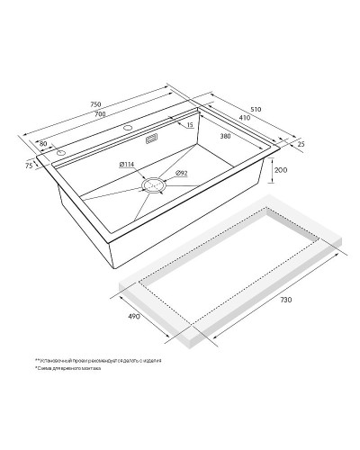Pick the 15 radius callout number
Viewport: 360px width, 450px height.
(x=191, y=125)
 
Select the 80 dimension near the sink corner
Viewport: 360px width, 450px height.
(x=42, y=143)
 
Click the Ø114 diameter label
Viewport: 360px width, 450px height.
(x=127, y=164)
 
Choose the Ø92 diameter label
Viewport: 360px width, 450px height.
(x=181, y=173)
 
